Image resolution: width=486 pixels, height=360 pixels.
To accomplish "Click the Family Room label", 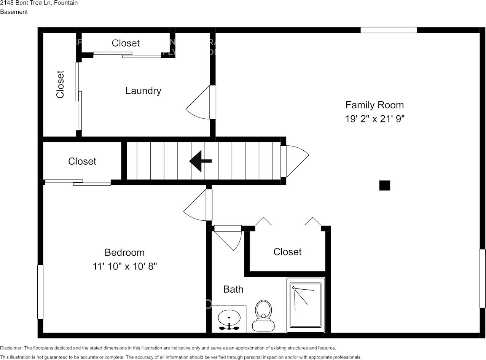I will (374, 105).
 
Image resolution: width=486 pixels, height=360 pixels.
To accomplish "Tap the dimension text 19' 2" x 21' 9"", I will (374, 119).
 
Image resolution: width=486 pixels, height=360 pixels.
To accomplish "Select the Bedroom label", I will (124, 252).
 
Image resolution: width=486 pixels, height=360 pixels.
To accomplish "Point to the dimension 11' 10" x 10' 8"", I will (124, 266).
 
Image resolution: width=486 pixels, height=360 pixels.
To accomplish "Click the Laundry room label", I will (143, 91).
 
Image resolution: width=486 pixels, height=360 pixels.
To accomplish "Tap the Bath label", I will (233, 290).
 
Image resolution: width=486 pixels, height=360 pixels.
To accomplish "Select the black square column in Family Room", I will (385, 185).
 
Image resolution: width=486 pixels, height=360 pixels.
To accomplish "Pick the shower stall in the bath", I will (306, 305).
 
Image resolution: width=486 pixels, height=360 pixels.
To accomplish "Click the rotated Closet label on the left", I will (60, 84).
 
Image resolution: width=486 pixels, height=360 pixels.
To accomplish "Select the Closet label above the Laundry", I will (126, 43).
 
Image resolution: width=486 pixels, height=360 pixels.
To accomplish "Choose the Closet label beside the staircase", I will (82, 161).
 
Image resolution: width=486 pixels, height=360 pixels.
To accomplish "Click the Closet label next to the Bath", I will (287, 252).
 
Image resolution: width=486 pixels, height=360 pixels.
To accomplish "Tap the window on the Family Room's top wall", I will (389, 30).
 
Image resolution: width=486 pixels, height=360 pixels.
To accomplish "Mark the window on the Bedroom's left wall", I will (40, 292).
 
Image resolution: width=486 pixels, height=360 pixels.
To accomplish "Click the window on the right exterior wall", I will (482, 278).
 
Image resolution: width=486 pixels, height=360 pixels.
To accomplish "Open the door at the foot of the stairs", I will (284, 161).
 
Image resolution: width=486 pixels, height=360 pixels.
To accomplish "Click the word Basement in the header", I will (14, 12).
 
